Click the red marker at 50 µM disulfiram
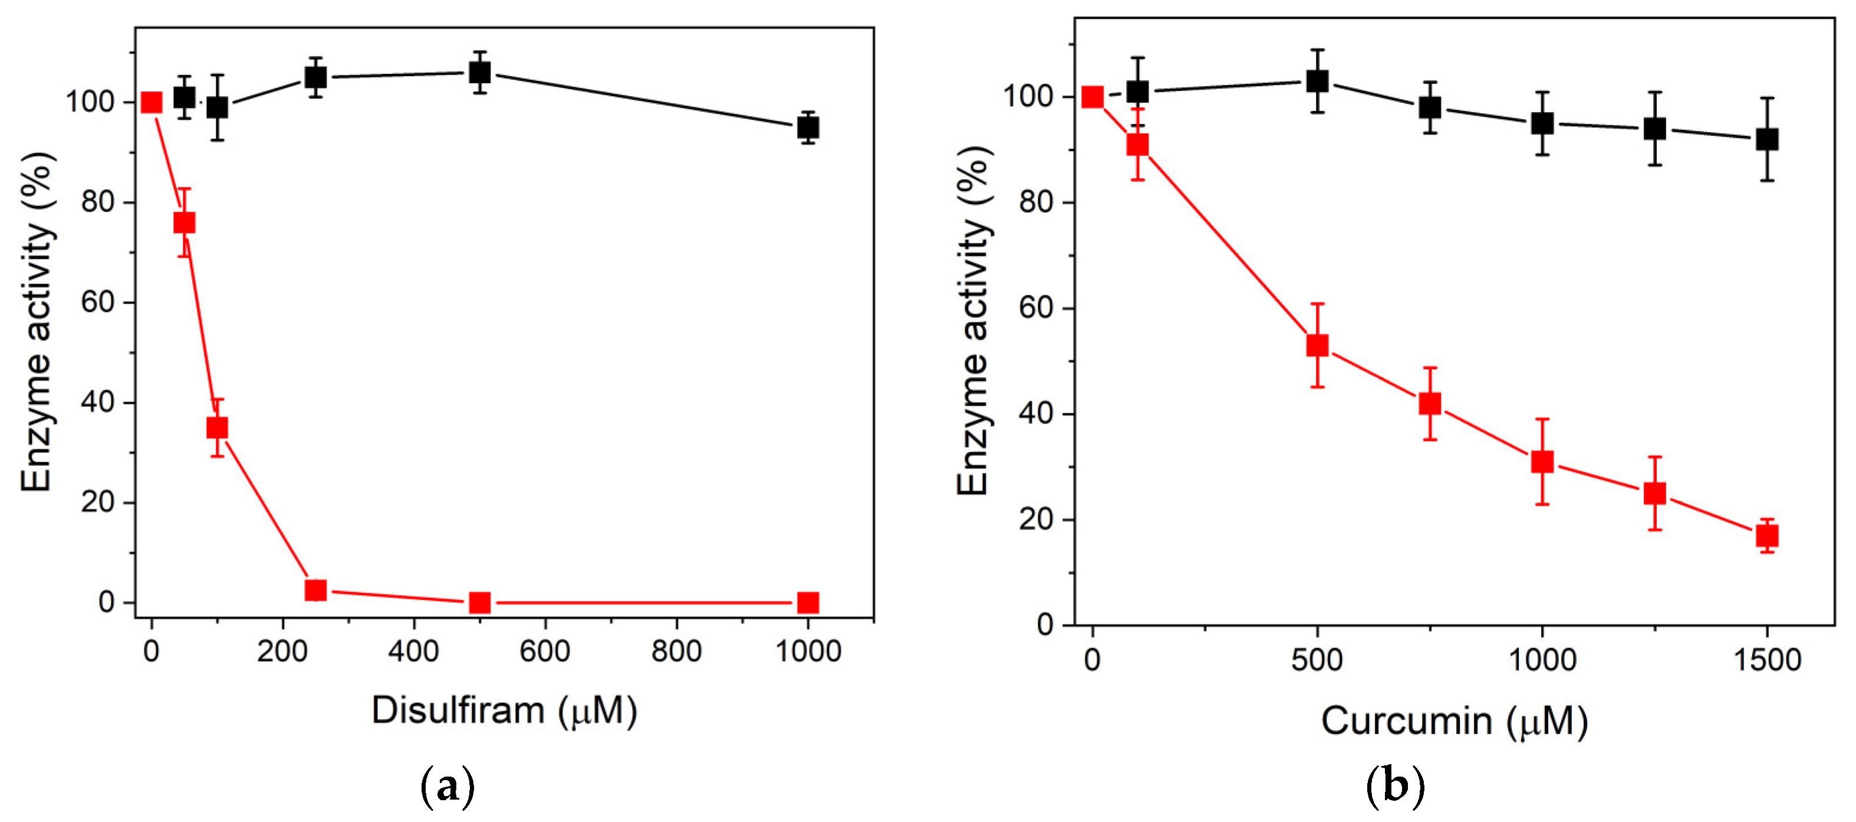click(x=185, y=223)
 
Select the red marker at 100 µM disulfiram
click(x=217, y=428)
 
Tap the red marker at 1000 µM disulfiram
click(x=808, y=602)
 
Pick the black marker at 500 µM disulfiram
click(x=480, y=72)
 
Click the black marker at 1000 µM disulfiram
click(x=808, y=127)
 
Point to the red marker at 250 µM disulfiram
click(x=315, y=590)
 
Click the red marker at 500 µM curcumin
click(x=1317, y=346)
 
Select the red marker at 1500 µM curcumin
click(x=1766, y=536)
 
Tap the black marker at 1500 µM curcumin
click(x=1766, y=139)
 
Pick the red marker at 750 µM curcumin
click(x=1430, y=403)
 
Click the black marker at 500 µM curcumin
click(x=1317, y=81)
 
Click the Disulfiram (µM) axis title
click(x=504, y=712)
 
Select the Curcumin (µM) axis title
click(x=1454, y=721)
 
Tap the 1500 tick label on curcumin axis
click(x=1766, y=660)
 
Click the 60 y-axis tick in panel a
click(x=98, y=302)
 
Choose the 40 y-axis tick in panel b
click(x=1036, y=414)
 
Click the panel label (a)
click(x=447, y=787)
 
